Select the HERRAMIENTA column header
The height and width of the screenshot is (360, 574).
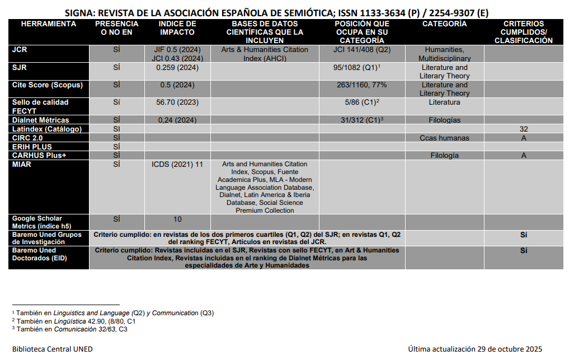tap(48, 24)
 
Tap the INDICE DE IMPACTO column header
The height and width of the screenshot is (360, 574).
tap(177, 28)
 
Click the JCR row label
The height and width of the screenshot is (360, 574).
tap(20, 50)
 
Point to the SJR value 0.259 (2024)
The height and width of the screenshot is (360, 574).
tap(177, 68)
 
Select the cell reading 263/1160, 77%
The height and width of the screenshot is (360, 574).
tap(362, 85)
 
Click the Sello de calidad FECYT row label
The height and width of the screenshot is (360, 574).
tap(40, 106)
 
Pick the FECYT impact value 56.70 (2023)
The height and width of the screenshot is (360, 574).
tap(177, 102)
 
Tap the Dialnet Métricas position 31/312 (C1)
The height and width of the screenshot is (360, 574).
tap(362, 120)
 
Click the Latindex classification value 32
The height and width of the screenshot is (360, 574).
tap(524, 129)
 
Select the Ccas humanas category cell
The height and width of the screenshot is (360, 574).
tap(444, 138)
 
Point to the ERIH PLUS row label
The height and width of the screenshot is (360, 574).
tap(32, 147)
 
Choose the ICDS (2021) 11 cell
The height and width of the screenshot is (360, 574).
tap(177, 165)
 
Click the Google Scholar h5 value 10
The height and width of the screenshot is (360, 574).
tap(177, 219)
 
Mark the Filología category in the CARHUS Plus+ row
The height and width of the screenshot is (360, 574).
tap(444, 156)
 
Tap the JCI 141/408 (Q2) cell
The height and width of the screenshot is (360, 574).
tap(362, 50)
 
